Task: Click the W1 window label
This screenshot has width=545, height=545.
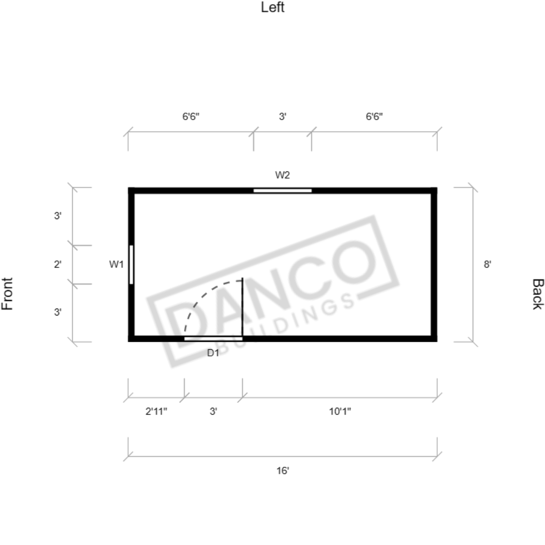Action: (116, 265)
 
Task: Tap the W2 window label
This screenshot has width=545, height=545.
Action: (282, 175)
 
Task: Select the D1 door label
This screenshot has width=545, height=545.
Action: (213, 353)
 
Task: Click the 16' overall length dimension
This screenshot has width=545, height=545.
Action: (283, 470)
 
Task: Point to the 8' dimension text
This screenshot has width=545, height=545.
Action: (487, 265)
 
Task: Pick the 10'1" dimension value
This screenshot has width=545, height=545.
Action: (340, 411)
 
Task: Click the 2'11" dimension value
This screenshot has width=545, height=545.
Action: (156, 411)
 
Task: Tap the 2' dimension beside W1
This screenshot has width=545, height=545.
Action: (58, 265)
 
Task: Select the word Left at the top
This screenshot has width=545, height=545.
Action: (273, 7)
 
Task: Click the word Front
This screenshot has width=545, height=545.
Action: (7, 294)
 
